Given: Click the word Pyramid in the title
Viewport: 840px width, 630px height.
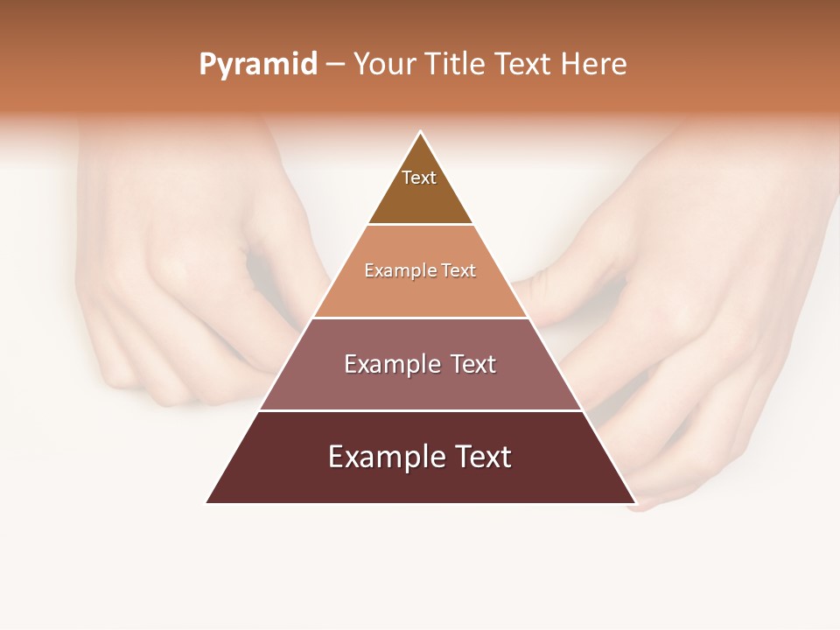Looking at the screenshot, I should click(x=258, y=65).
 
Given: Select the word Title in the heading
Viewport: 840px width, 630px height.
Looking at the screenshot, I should click(x=455, y=65).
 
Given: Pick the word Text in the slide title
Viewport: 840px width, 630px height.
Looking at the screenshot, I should click(x=523, y=65).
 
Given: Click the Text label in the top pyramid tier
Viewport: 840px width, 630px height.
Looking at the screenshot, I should click(x=419, y=178).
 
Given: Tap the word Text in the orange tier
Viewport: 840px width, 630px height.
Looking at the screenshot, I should click(x=458, y=271).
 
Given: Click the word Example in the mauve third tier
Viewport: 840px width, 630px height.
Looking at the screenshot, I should click(x=389, y=364).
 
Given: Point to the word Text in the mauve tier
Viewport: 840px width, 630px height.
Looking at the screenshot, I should click(x=471, y=364).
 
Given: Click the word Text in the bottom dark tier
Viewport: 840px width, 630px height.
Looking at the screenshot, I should click(x=481, y=457).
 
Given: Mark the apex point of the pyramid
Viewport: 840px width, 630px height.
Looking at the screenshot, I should click(x=420, y=131).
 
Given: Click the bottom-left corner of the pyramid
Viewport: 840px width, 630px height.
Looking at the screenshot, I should click(x=206, y=503).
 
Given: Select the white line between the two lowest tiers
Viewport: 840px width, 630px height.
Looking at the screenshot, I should click(x=420, y=410).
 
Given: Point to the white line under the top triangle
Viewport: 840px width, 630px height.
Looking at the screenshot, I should click(x=420, y=224).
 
